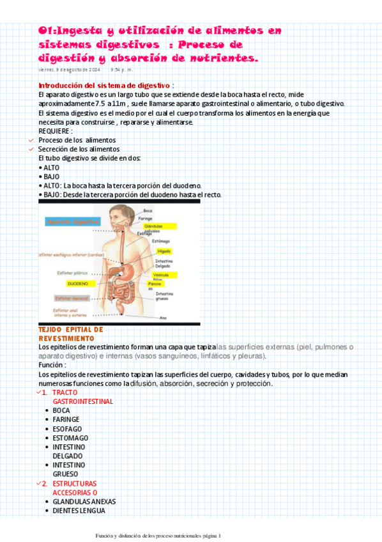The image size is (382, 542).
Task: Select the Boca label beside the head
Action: coord(148,210)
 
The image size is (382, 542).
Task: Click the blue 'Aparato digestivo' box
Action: coord(73,222)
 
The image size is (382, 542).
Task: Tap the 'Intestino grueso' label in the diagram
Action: coord(164,296)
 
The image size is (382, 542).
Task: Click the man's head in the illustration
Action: coord(119,217)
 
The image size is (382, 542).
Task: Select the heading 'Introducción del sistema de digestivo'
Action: coord(104,85)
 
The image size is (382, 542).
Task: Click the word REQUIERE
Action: coord(55,131)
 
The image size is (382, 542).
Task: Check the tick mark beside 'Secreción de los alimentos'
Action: coord(32,149)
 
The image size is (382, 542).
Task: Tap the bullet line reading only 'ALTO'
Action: coord(50,167)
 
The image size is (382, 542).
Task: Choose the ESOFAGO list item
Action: coord(67,428)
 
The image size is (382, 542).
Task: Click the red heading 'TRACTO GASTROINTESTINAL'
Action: coord(82,397)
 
